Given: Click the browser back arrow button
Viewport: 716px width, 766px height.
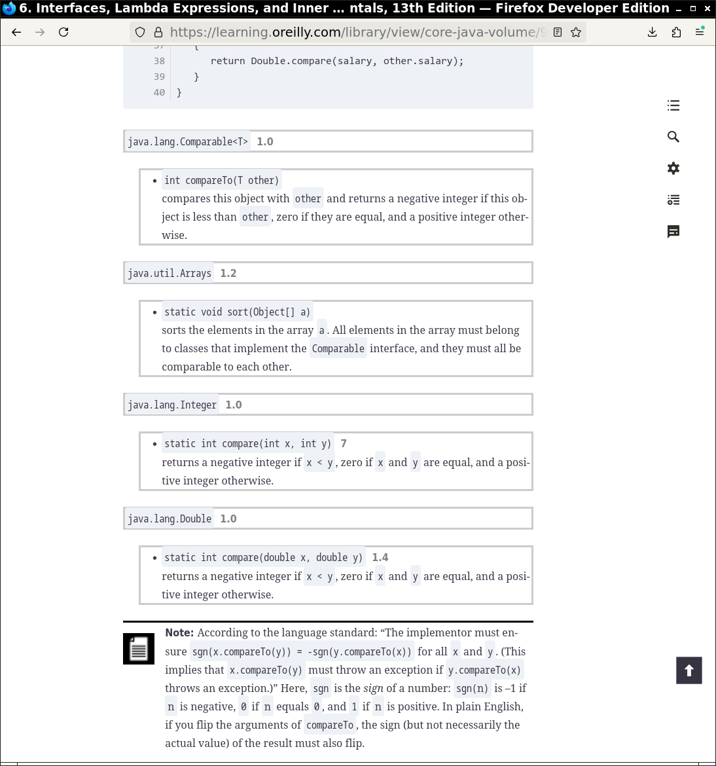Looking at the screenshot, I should pyautogui.click(x=17, y=32).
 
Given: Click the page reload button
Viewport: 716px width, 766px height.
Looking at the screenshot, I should pyautogui.click(x=63, y=32).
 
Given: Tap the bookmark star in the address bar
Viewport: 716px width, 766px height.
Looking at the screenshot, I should pyautogui.click(x=576, y=32).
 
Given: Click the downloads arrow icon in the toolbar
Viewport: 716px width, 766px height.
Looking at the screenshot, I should pyautogui.click(x=653, y=32).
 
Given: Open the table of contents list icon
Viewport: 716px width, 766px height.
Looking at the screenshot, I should pyautogui.click(x=673, y=105).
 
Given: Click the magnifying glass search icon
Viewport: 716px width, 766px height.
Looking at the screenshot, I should pyautogui.click(x=673, y=137).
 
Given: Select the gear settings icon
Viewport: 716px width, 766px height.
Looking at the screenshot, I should pyautogui.click(x=673, y=168).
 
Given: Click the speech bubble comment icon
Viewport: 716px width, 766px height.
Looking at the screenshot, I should pyautogui.click(x=673, y=231).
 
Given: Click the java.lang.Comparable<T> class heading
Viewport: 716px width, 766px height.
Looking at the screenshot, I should pyautogui.click(x=188, y=141).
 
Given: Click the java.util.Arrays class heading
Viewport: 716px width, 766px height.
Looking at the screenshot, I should pyautogui.click(x=170, y=273).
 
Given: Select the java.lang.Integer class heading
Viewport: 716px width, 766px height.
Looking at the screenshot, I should pyautogui.click(x=172, y=405).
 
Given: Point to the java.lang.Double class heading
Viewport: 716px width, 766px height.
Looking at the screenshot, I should pyautogui.click(x=170, y=519).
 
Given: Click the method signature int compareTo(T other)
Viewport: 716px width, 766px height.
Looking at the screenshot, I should pyautogui.click(x=221, y=180).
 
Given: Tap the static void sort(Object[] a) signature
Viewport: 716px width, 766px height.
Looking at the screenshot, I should pyautogui.click(x=237, y=312).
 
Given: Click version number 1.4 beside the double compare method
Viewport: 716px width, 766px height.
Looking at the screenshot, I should pyautogui.click(x=380, y=557).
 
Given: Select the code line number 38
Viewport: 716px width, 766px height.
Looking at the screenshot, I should pyautogui.click(x=160, y=61).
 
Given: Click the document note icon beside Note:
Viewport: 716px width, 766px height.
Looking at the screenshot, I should pyautogui.click(x=139, y=649).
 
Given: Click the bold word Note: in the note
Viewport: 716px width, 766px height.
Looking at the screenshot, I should pyautogui.click(x=179, y=632).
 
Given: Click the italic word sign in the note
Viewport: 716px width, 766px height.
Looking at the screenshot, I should pyautogui.click(x=373, y=688).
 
